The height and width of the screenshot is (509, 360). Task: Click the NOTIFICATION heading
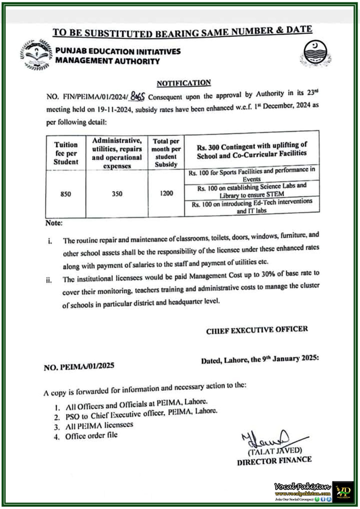(x=184, y=83)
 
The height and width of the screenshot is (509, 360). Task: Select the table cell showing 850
(x=66, y=194)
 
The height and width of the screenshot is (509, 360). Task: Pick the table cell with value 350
(x=117, y=193)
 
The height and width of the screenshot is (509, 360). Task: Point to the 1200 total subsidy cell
(x=166, y=193)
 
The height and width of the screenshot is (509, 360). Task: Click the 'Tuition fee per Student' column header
(x=66, y=153)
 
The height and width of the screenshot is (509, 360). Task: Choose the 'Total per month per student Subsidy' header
(x=166, y=153)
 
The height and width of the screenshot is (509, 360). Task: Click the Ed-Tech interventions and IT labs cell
(x=251, y=206)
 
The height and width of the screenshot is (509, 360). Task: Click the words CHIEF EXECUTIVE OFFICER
(x=257, y=330)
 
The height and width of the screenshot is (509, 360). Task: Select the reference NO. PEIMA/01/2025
(x=79, y=366)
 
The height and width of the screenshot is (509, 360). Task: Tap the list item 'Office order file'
(x=91, y=436)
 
